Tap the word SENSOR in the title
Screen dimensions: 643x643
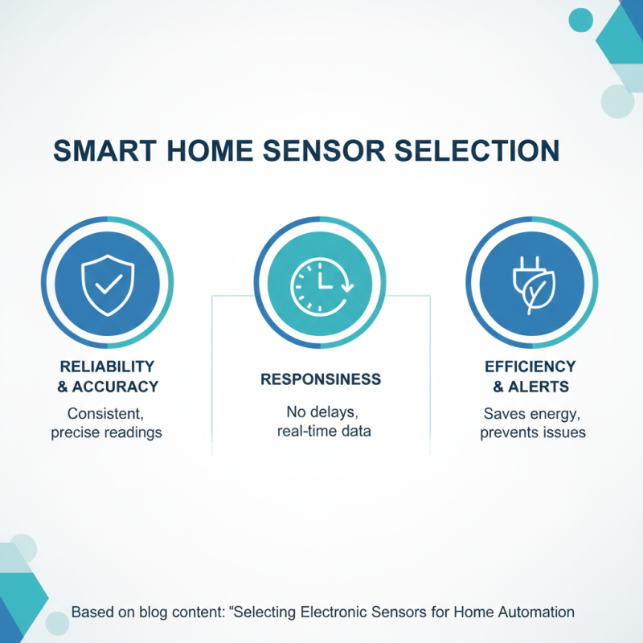(x=330, y=152)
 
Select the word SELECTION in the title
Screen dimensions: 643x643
(x=479, y=152)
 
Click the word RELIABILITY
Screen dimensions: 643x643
(x=107, y=367)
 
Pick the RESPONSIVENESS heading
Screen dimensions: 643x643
(x=321, y=379)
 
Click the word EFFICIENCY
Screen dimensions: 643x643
(x=532, y=367)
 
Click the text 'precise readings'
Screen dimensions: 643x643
(x=107, y=432)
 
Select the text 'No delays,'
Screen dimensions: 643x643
(x=321, y=412)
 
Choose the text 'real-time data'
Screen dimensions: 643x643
(x=321, y=432)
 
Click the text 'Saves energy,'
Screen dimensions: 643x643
(x=532, y=413)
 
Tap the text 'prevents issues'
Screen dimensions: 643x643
(x=532, y=432)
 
